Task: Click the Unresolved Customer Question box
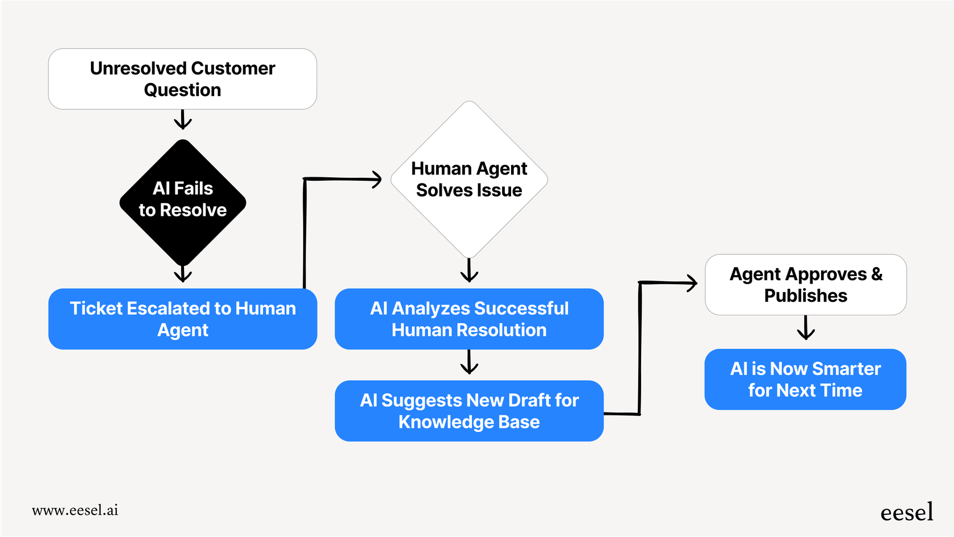coord(182,79)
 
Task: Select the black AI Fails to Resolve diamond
coord(182,202)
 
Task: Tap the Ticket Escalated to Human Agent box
coord(182,319)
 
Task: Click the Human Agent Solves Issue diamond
coord(469,180)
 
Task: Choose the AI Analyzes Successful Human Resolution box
coord(469,319)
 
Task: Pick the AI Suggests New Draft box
coord(469,411)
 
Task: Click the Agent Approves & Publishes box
coord(805,285)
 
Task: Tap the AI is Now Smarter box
coord(805,379)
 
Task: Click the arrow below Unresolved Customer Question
coord(182,120)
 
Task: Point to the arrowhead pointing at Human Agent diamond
coord(376,180)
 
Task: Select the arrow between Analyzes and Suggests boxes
coord(469,363)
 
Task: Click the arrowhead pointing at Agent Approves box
coord(692,282)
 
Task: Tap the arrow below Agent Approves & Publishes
coord(805,328)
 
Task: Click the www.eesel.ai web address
coord(75,510)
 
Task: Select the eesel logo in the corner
coord(906,512)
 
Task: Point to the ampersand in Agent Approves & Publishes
coord(877,274)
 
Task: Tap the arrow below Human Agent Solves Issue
coord(469,271)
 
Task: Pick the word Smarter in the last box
coord(846,369)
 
